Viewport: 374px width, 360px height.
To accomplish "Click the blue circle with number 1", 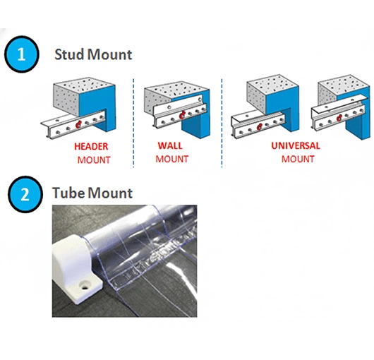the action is pyautogui.click(x=21, y=54).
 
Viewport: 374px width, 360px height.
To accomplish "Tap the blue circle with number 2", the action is pyautogui.click(x=25, y=194).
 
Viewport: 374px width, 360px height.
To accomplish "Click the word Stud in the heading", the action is pyautogui.click(x=70, y=54).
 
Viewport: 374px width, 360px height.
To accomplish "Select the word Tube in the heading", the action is pyautogui.click(x=69, y=193).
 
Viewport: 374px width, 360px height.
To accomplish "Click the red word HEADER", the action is pyautogui.click(x=91, y=146).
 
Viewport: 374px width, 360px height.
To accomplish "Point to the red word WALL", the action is pyautogui.click(x=170, y=145).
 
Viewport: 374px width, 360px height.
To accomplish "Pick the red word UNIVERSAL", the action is pyautogui.click(x=296, y=145).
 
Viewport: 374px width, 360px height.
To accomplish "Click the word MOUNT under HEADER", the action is pyautogui.click(x=94, y=160).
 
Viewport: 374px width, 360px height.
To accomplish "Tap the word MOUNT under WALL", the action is pyautogui.click(x=172, y=159).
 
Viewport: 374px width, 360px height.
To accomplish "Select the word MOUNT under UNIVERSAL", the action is pyautogui.click(x=298, y=159).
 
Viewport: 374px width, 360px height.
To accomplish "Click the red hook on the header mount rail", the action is pyautogui.click(x=78, y=124).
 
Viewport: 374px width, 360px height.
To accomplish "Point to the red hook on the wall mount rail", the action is pyautogui.click(x=182, y=115).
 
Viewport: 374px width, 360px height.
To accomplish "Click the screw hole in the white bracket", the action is pyautogui.click(x=85, y=287).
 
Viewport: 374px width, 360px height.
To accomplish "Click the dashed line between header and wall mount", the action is pyautogui.click(x=133, y=123).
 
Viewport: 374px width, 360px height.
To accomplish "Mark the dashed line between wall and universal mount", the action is pyautogui.click(x=222, y=123).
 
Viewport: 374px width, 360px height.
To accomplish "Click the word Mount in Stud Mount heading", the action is pyautogui.click(x=109, y=54).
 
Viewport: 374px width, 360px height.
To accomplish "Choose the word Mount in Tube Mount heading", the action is pyautogui.click(x=110, y=193).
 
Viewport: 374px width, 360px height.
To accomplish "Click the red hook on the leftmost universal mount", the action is pyautogui.click(x=259, y=126).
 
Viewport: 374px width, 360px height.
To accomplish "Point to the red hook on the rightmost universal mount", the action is pyautogui.click(x=339, y=118).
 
